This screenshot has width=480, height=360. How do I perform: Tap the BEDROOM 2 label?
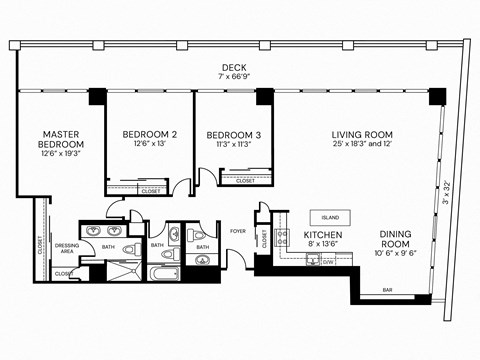pyautogui.click(x=149, y=134)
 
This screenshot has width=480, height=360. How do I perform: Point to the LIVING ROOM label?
pyautogui.click(x=362, y=135)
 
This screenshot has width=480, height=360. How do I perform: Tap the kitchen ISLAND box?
pyautogui.click(x=329, y=217)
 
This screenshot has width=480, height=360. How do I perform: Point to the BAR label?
pyautogui.click(x=386, y=291)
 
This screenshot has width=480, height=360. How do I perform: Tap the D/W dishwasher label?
pyautogui.click(x=327, y=261)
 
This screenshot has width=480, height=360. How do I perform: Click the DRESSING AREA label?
pyautogui.click(x=67, y=247)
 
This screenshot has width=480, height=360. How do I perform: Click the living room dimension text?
pyautogui.click(x=362, y=146)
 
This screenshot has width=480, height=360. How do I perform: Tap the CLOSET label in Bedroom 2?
pyautogui.click(x=150, y=190)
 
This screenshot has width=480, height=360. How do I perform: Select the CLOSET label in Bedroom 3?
pyautogui.click(x=245, y=181)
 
